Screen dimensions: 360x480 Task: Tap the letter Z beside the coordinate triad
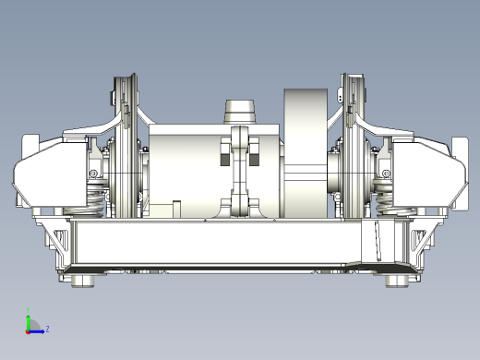(47, 329)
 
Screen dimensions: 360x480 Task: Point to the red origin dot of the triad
(28, 330)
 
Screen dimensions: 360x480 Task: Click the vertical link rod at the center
(241, 171)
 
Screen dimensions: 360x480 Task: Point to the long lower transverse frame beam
(222, 245)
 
